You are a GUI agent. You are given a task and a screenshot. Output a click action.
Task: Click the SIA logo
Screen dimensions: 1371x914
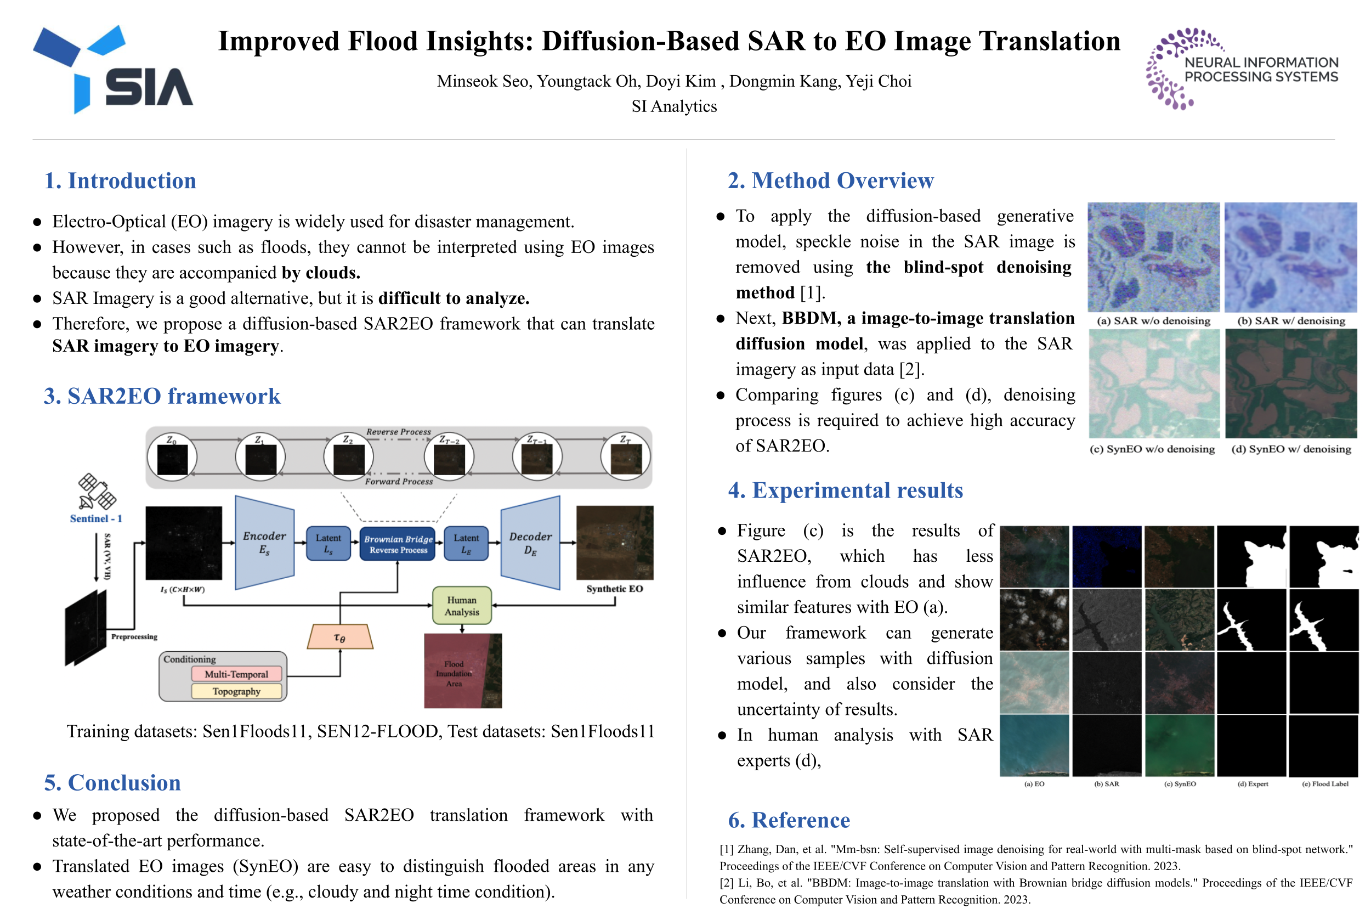tap(112, 69)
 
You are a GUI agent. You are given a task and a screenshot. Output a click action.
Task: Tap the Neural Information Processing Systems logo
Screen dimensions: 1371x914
tap(1242, 68)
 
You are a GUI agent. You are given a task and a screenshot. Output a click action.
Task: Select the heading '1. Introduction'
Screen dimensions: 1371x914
tap(121, 180)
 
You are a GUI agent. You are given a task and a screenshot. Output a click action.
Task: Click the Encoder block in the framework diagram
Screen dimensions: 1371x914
tap(264, 543)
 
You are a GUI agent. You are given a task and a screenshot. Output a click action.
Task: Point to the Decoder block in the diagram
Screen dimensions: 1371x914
tap(530, 543)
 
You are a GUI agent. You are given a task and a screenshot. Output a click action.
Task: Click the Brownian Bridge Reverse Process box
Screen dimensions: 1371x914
tap(398, 544)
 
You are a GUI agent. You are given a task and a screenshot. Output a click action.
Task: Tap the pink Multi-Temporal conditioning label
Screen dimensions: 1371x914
tap(236, 674)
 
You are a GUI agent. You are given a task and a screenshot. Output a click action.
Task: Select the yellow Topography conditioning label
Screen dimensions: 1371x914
tap(236, 691)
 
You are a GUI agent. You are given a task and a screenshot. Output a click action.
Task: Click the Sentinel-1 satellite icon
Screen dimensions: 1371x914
tap(97, 492)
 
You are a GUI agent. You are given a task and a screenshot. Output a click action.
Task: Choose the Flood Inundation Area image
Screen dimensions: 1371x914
tap(463, 671)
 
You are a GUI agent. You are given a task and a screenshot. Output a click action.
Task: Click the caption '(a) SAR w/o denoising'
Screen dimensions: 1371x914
tap(1153, 320)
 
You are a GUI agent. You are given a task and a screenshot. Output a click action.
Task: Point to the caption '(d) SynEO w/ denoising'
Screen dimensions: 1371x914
tap(1290, 449)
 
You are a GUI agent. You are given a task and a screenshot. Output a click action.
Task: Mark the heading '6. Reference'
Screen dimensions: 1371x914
tap(789, 820)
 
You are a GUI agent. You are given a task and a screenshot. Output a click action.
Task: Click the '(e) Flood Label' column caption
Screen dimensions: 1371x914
tap(1325, 784)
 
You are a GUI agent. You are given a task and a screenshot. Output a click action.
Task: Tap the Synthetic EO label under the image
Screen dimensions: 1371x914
tap(615, 589)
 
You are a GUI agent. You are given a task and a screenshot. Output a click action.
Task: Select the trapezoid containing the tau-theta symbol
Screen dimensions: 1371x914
tap(340, 637)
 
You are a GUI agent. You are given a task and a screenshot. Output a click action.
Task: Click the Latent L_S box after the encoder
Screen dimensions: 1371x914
tap(328, 543)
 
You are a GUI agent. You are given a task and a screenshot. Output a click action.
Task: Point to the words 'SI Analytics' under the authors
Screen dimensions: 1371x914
tap(674, 106)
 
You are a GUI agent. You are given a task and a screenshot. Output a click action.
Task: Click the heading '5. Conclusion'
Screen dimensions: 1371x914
tap(112, 782)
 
